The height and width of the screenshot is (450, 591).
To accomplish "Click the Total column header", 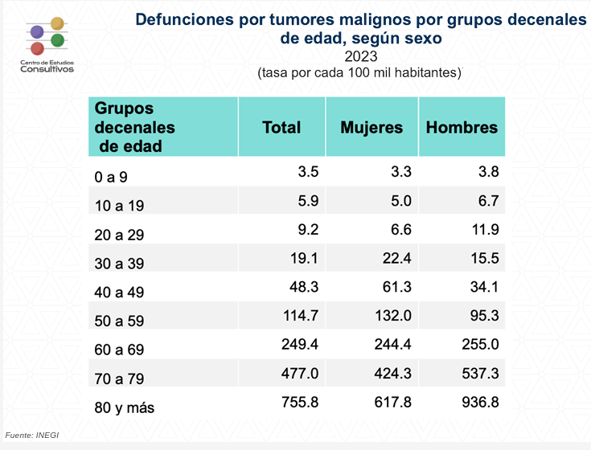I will point(281,127).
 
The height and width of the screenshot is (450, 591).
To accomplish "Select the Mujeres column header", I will point(371,127).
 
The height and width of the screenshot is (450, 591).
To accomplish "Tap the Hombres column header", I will point(462,127).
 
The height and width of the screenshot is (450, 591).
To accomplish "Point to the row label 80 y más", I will point(124,407).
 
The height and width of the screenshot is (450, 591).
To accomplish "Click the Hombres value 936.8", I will point(479,401).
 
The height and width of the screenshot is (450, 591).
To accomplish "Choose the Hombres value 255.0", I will point(479,344).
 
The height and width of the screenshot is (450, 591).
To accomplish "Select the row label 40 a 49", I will point(118,292).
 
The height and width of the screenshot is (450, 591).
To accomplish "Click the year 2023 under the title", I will point(361,56).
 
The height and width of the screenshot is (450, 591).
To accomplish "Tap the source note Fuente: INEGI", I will point(32,435).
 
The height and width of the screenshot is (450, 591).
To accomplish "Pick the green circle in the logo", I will point(57,40).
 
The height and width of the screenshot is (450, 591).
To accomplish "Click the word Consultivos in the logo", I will point(47,69).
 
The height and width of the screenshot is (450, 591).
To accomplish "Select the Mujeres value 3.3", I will point(401,170).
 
